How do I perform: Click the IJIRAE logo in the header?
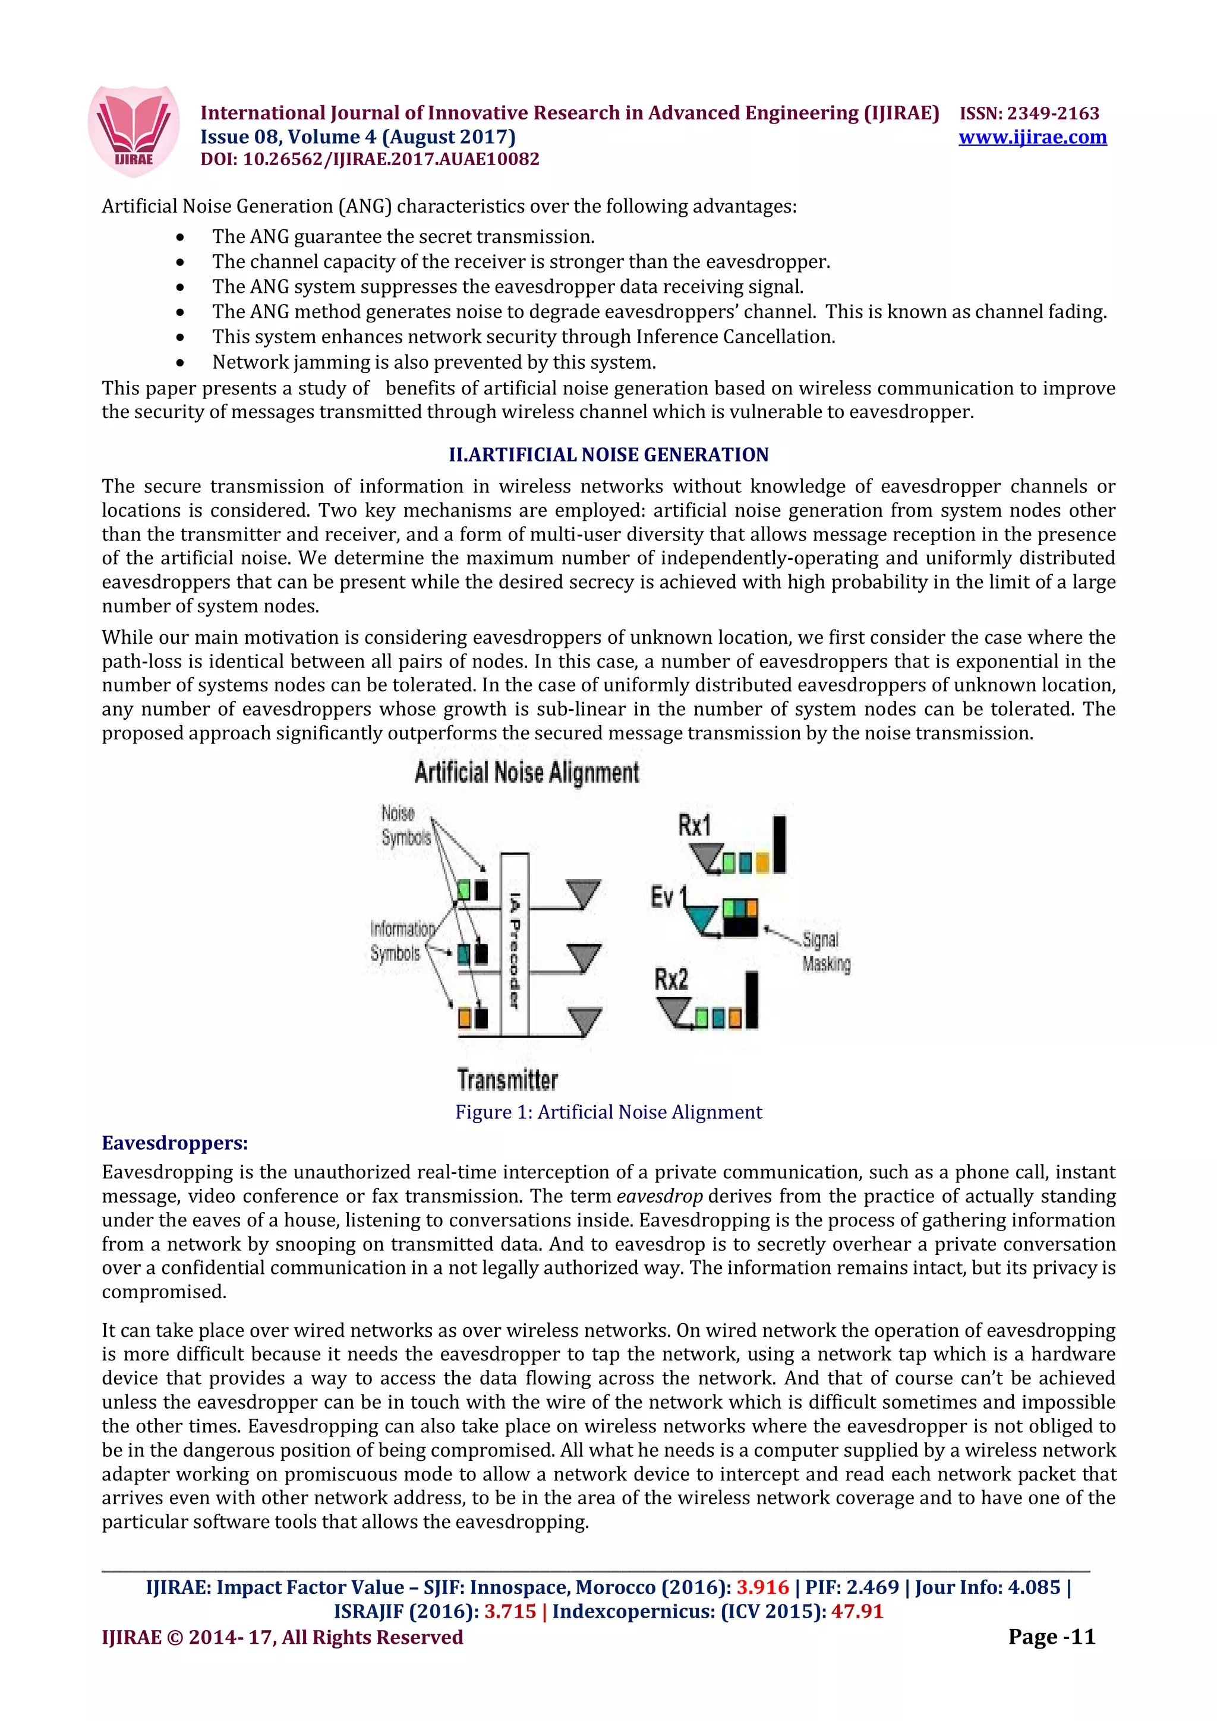point(134,131)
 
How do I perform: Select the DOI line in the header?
point(370,159)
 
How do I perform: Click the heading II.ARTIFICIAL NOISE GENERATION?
point(608,454)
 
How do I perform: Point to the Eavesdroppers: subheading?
point(175,1143)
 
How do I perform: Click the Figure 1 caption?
point(608,1112)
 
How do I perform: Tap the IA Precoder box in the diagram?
point(515,944)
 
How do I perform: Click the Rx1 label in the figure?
point(694,825)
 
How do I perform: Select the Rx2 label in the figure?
point(671,979)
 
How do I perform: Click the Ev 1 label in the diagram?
point(668,897)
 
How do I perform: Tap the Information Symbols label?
point(401,941)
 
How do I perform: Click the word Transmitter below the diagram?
point(507,1080)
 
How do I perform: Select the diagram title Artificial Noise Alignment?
point(526,772)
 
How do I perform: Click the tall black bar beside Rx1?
point(779,844)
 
